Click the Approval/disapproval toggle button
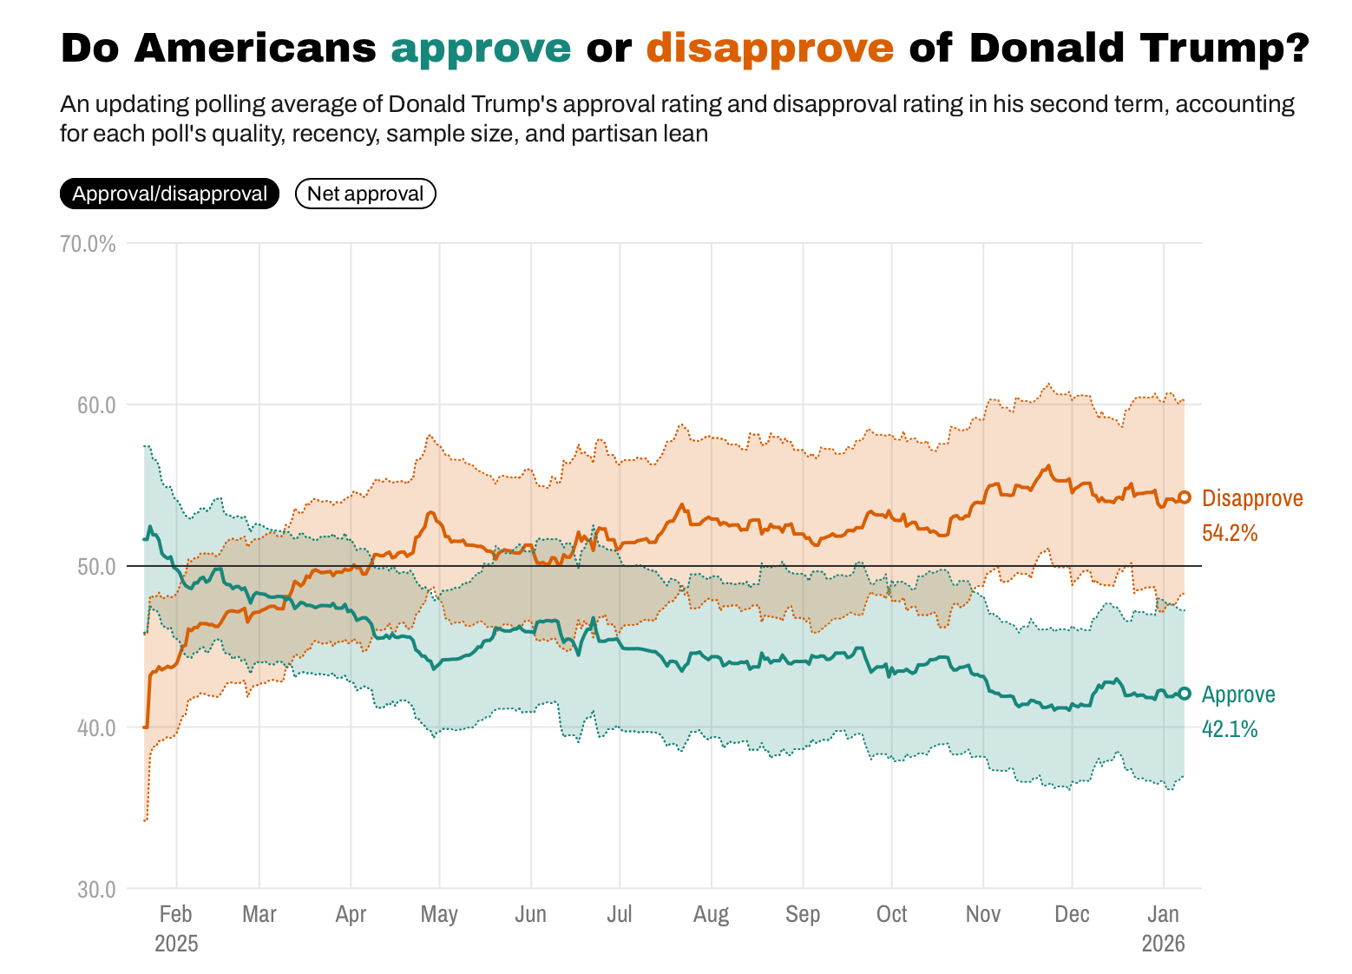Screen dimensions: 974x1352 169,194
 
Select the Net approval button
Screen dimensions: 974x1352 365,194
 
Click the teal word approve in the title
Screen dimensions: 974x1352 481,49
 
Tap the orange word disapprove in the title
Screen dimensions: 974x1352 770,49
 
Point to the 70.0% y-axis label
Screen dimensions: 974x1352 88,244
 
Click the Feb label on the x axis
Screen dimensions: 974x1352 176,914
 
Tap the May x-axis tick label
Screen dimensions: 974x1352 439,914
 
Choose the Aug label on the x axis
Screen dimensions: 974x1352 711,914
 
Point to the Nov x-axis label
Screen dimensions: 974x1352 982,914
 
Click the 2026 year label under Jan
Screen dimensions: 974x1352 1163,944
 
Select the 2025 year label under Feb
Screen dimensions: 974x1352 176,944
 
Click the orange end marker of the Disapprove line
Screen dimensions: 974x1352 1185,497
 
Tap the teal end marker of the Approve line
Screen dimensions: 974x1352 1185,694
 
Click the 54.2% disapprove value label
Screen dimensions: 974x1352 1230,533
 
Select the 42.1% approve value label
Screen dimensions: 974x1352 1230,729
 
